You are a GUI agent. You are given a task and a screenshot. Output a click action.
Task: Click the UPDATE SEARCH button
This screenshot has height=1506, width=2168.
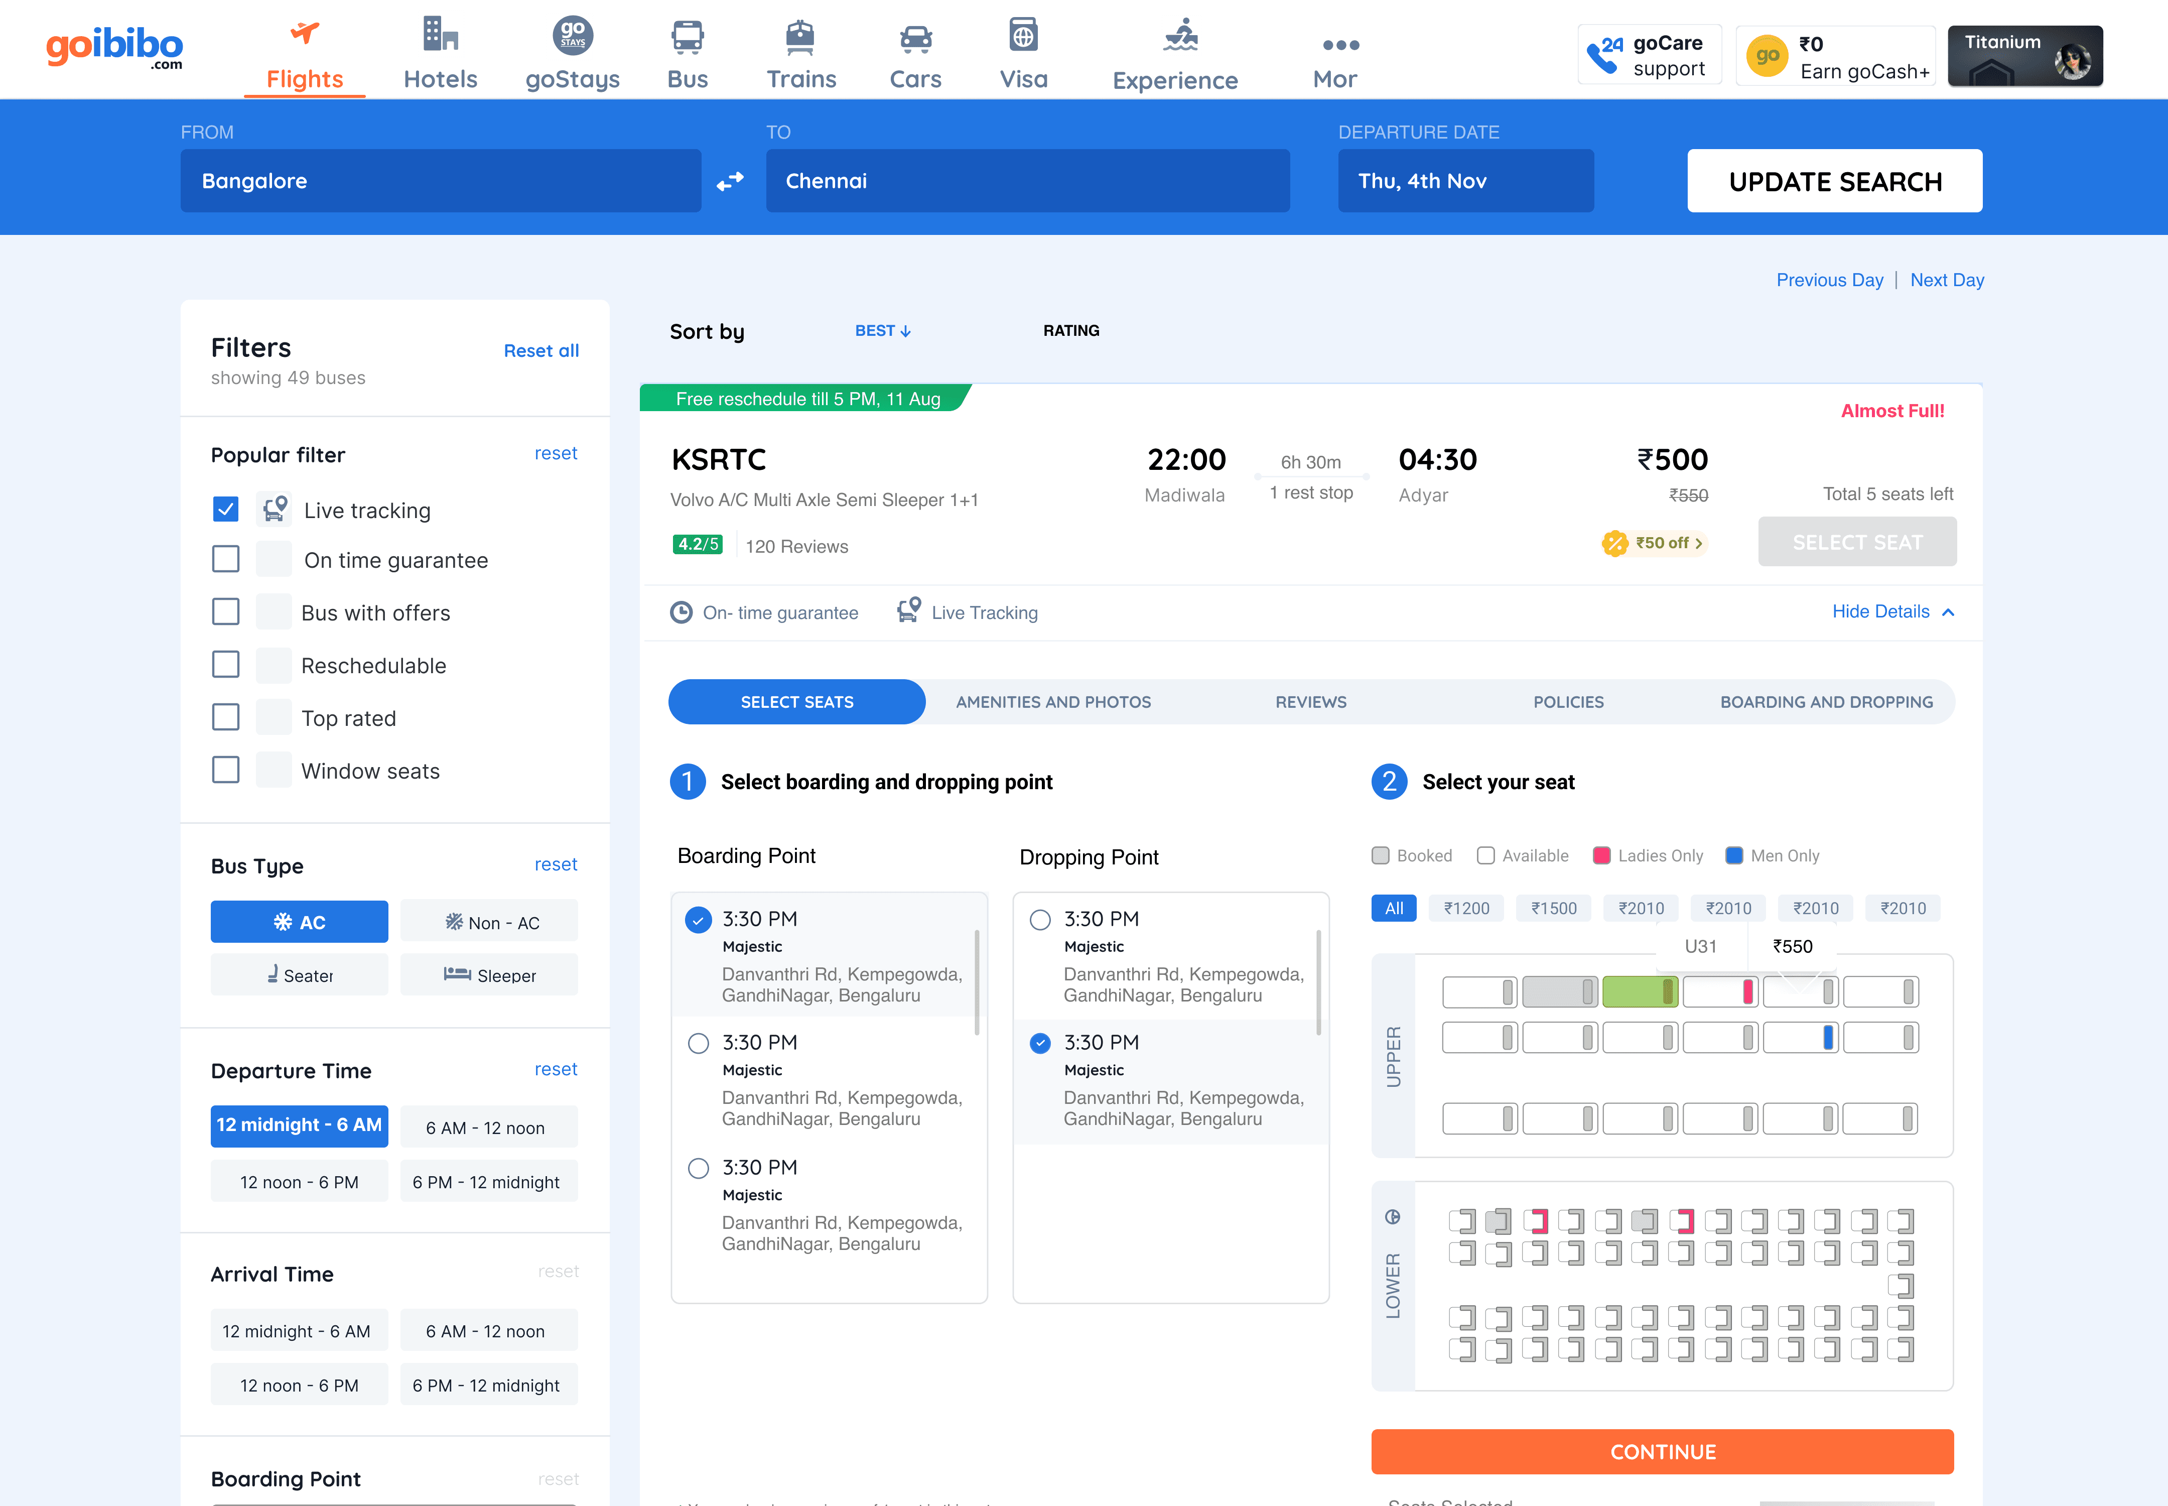1834,181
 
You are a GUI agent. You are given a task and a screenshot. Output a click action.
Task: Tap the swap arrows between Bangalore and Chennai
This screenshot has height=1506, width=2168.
730,181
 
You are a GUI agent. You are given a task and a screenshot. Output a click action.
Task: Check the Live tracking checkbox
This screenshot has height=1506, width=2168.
225,510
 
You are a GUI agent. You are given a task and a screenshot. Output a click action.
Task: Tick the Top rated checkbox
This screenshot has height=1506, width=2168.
225,717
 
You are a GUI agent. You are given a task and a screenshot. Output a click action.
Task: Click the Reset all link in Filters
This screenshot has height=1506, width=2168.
540,350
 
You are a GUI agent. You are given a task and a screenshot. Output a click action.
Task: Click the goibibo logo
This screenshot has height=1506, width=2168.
114,47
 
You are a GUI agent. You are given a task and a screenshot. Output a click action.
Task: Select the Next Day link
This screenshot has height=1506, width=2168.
1946,280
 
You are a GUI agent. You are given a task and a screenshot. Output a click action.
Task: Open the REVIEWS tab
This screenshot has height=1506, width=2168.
1310,702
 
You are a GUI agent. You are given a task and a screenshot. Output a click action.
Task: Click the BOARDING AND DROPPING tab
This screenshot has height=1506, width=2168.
1826,702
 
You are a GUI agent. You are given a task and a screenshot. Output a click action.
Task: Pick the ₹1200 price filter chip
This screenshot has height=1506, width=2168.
1466,908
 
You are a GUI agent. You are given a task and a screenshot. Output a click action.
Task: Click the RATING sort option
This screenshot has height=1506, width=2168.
1071,330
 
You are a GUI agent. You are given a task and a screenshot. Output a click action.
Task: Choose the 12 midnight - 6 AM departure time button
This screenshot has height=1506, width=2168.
299,1125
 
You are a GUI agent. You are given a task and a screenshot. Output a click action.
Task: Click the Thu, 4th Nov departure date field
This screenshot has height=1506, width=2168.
1465,181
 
